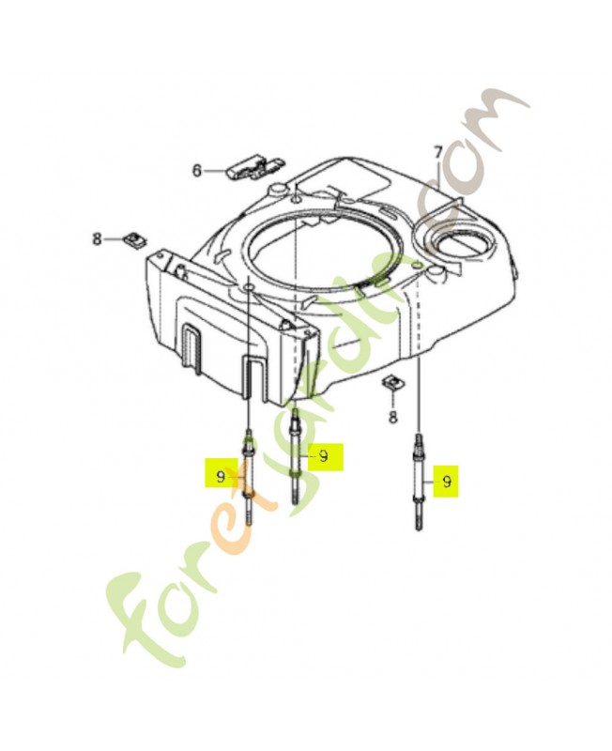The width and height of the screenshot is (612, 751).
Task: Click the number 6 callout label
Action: coord(197,170)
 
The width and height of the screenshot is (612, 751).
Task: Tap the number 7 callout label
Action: coord(437,153)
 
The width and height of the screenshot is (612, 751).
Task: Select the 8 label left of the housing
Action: coord(98,238)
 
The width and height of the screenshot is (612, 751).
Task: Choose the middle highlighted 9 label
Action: coord(325,456)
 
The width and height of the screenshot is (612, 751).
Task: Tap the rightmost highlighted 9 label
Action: coord(446,482)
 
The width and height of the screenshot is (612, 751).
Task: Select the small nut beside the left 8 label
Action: coord(135,238)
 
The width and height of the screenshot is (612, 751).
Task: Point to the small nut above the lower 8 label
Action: coord(391,383)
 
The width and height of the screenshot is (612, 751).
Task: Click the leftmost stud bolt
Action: coord(249,478)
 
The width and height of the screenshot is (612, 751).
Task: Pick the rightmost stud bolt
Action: coord(419,482)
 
